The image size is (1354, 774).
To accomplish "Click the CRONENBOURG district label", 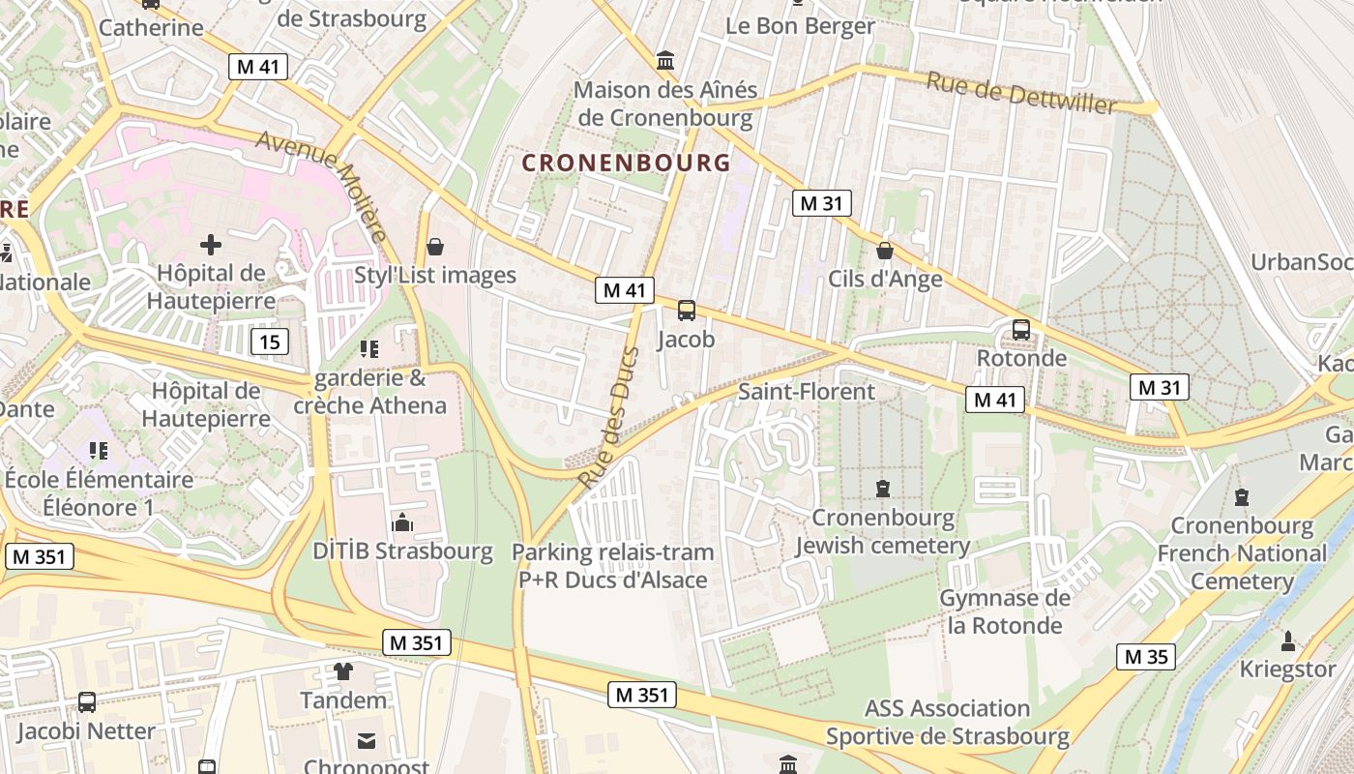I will pyautogui.click(x=627, y=163).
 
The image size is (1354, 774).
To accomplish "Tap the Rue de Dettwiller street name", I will pyautogui.click(x=1021, y=93).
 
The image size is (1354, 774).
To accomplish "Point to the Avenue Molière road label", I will pyautogui.click(x=323, y=185).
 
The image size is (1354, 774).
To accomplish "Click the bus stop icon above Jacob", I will pyautogui.click(x=687, y=311).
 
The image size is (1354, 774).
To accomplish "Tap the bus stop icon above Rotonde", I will pyautogui.click(x=1021, y=329).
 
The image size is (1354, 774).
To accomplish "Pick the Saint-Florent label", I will pyautogui.click(x=806, y=392).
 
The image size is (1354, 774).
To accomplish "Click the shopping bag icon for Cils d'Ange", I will pyautogui.click(x=884, y=251).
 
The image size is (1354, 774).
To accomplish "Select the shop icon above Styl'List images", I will pyautogui.click(x=435, y=247).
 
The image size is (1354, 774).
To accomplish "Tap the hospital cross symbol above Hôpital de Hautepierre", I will pyautogui.click(x=211, y=244).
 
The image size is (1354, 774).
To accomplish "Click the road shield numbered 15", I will pyautogui.click(x=269, y=341).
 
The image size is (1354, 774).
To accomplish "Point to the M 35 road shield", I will pyautogui.click(x=1146, y=657).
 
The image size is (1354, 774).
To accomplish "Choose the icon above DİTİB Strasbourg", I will pyautogui.click(x=402, y=523).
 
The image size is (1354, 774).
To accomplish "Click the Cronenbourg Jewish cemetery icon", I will pyautogui.click(x=882, y=489).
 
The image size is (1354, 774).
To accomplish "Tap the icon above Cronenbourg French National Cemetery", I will pyautogui.click(x=1242, y=497).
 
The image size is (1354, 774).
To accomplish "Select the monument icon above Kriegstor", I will pyautogui.click(x=1287, y=640).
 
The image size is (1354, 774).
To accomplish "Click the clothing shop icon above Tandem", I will pyautogui.click(x=343, y=670).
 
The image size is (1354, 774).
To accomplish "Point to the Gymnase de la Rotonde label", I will pyautogui.click(x=1005, y=611).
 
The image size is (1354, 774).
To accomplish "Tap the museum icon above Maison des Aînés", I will pyautogui.click(x=665, y=61).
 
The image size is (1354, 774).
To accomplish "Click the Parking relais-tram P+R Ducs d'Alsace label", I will pyautogui.click(x=613, y=566).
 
